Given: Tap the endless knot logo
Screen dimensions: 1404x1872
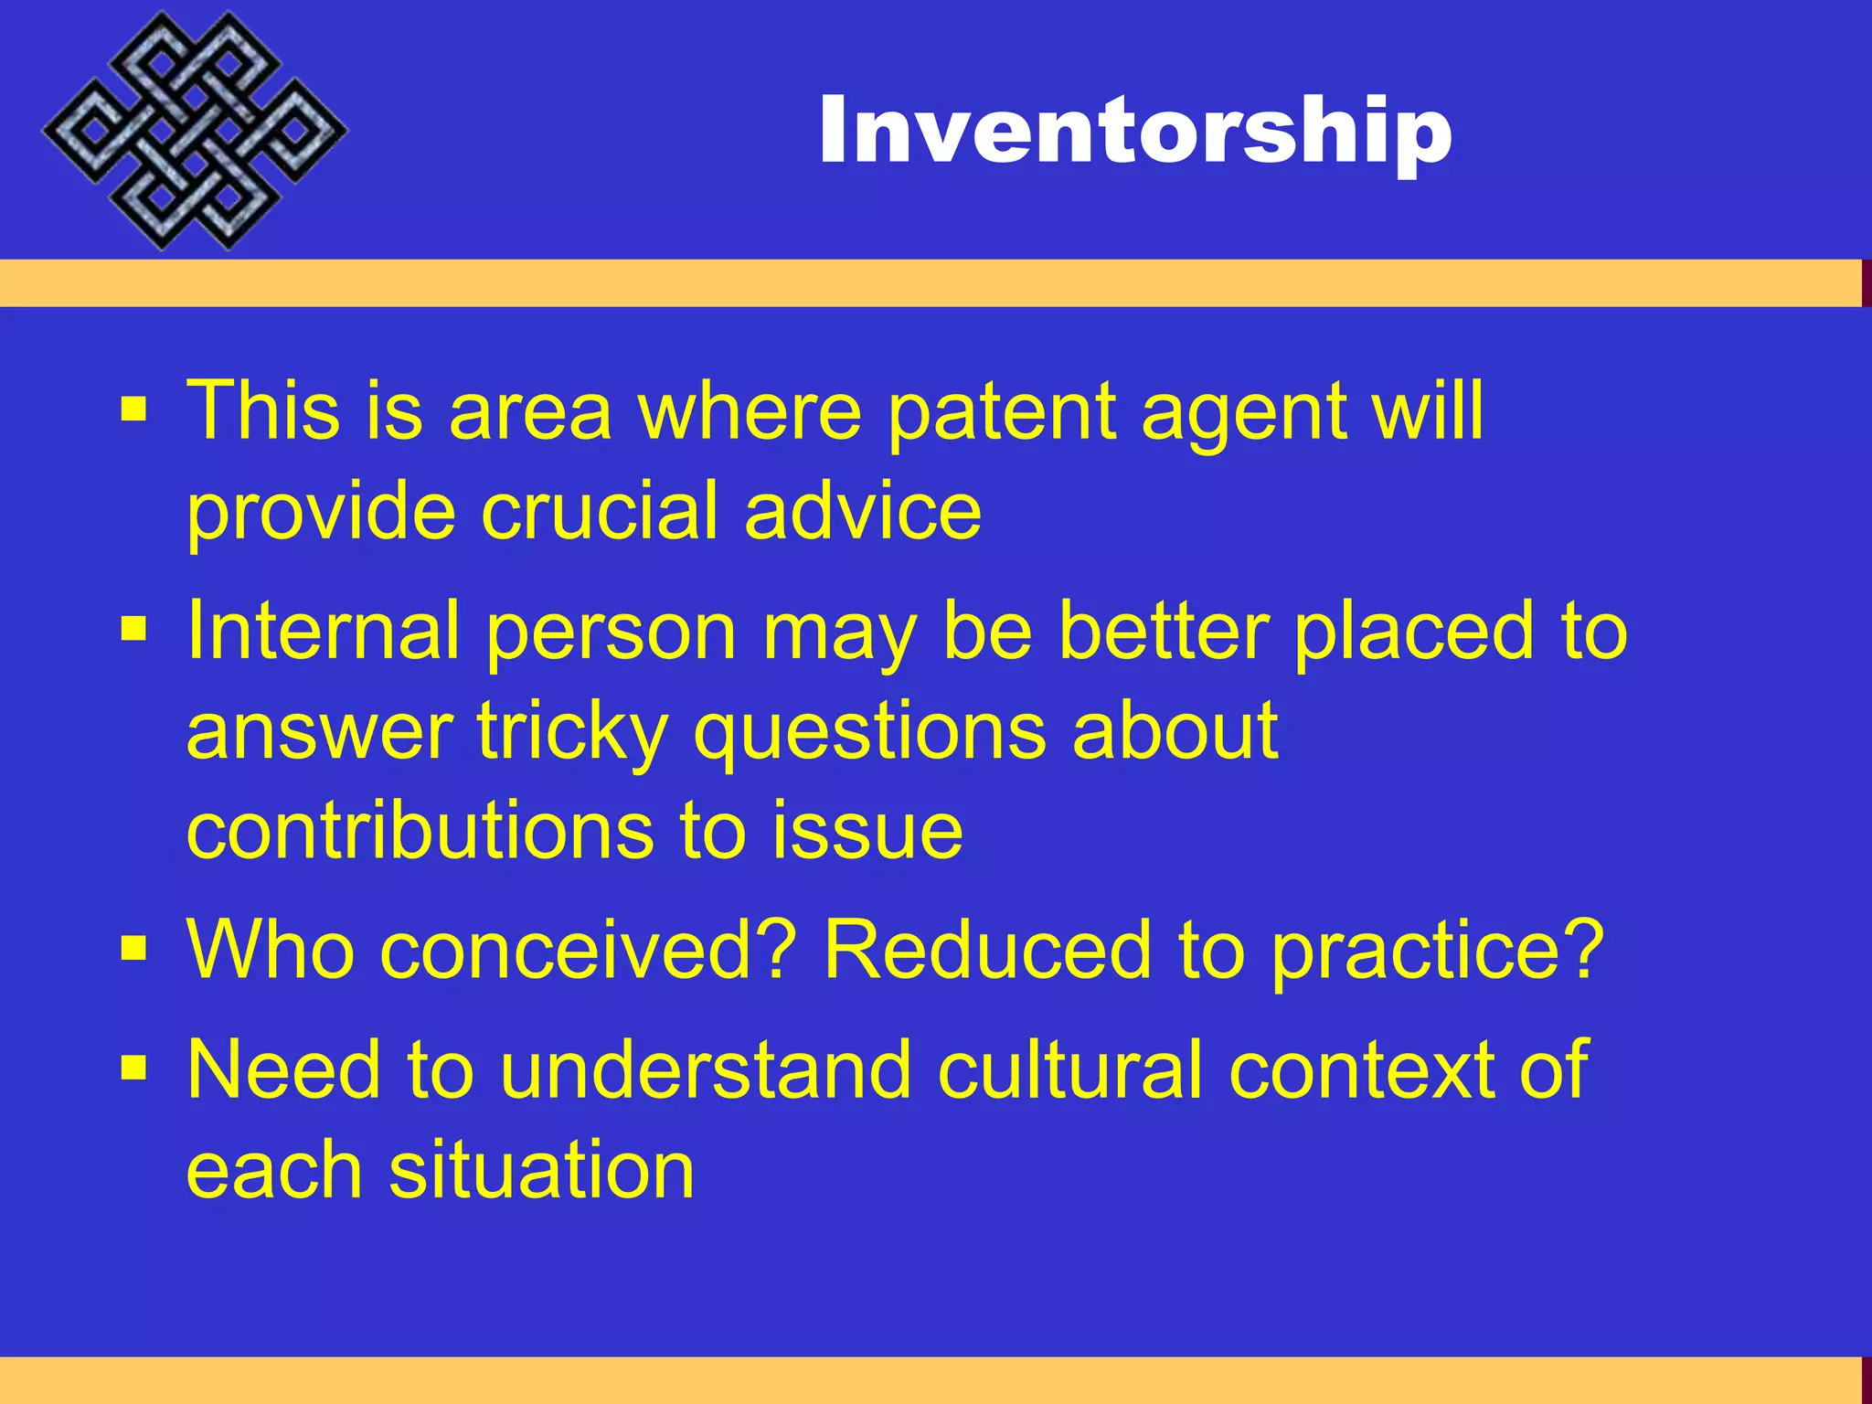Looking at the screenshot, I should point(194,131).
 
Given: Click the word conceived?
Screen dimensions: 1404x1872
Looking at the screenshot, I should point(582,951).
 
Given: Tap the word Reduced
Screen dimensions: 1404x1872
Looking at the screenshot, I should point(986,951).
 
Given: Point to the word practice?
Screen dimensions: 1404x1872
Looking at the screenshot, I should point(1437,951).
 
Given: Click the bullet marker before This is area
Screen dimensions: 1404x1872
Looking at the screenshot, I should point(133,409).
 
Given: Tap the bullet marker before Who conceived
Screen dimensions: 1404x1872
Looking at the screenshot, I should point(133,949).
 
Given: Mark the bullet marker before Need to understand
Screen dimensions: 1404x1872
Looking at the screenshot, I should point(133,1067).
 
